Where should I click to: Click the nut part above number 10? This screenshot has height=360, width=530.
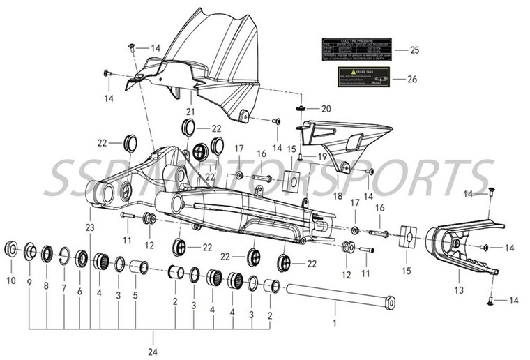tap(11, 248)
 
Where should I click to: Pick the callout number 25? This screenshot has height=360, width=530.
tap(414, 50)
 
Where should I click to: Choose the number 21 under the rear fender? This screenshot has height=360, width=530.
tap(190, 112)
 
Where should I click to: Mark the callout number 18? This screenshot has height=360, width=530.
tap(338, 196)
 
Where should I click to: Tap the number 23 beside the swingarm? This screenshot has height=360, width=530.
tap(90, 228)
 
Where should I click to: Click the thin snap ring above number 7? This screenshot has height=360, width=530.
tap(63, 255)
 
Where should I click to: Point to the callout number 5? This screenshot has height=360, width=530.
tap(135, 295)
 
